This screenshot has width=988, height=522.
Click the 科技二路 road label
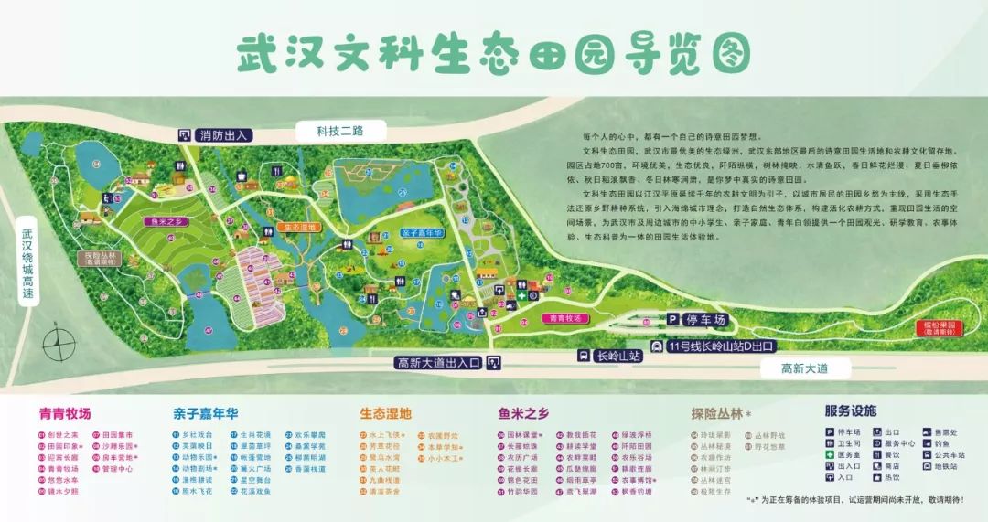(x=335, y=130)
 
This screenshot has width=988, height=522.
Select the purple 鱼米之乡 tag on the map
(x=167, y=221)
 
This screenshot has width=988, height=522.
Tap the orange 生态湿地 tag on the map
(x=297, y=226)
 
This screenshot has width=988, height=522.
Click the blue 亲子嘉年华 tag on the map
(x=423, y=233)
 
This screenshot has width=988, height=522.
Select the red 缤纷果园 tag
(x=942, y=327)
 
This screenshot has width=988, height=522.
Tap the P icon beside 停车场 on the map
(x=673, y=321)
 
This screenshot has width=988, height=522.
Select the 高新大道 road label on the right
(x=804, y=369)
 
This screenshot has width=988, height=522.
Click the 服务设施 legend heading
(x=850, y=411)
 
